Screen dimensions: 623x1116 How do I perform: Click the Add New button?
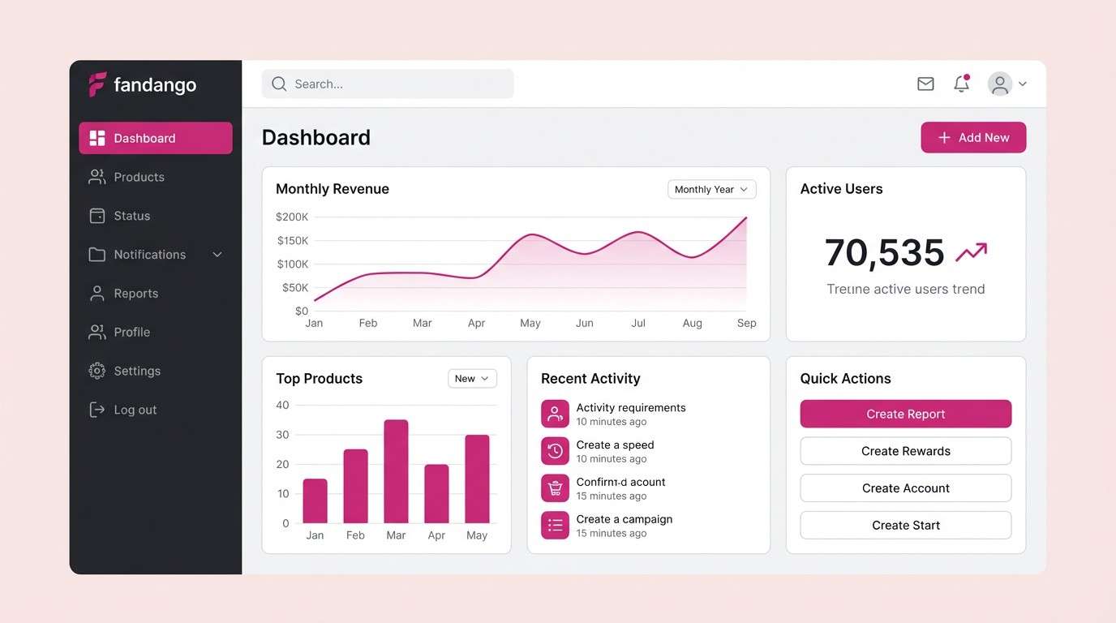point(973,138)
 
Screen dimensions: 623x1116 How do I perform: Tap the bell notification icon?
point(961,84)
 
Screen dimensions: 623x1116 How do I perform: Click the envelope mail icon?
point(925,84)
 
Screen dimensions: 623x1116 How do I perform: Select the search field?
point(388,84)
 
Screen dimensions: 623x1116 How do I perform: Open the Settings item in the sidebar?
point(136,371)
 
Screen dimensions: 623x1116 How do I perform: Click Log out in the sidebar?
point(135,410)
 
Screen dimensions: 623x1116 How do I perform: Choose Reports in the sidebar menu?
point(135,294)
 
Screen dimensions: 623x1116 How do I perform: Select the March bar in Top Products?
point(396,471)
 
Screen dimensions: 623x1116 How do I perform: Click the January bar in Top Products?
point(315,501)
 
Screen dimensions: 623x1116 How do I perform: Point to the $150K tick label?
point(292,241)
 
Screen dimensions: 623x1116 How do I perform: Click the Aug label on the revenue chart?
point(693,323)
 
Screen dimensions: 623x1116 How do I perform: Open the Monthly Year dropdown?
point(711,189)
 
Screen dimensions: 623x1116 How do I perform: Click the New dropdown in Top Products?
point(472,379)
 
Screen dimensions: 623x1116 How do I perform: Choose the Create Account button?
point(905,488)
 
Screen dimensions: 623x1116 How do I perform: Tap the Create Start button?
point(905,526)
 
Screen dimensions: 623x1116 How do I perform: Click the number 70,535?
point(884,253)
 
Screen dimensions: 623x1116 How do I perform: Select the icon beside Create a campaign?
point(555,526)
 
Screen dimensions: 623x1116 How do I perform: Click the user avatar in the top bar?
point(1000,84)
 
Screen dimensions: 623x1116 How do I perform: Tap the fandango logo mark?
point(97,84)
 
